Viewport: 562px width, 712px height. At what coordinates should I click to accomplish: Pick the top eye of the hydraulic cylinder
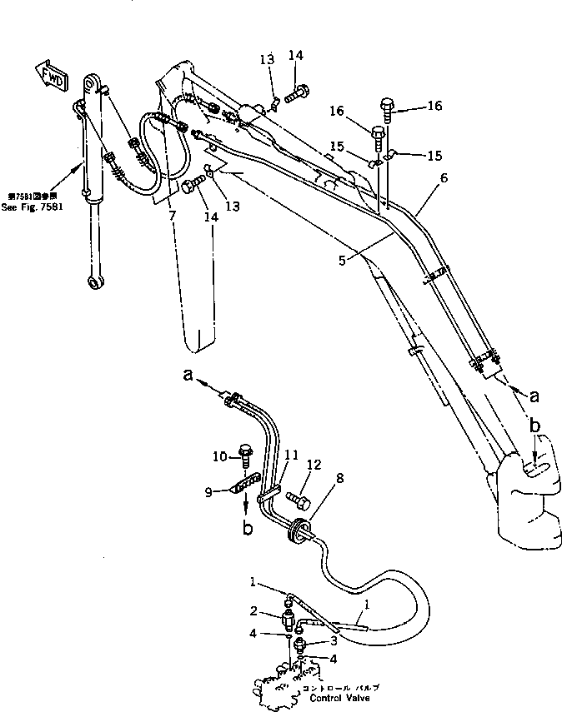93,86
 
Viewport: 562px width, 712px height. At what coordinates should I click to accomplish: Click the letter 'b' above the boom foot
534,426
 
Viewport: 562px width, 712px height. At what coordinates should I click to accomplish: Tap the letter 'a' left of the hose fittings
188,377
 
